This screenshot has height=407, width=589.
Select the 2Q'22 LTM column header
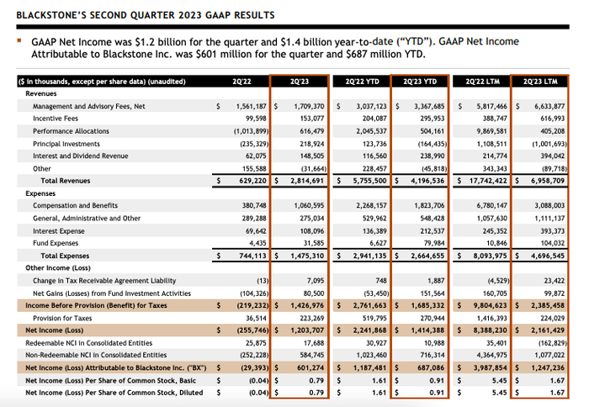pyautogui.click(x=482, y=82)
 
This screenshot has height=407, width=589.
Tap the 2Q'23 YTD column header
pyautogui.click(x=419, y=82)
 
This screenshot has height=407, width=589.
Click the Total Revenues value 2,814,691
pyautogui.click(x=300, y=181)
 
